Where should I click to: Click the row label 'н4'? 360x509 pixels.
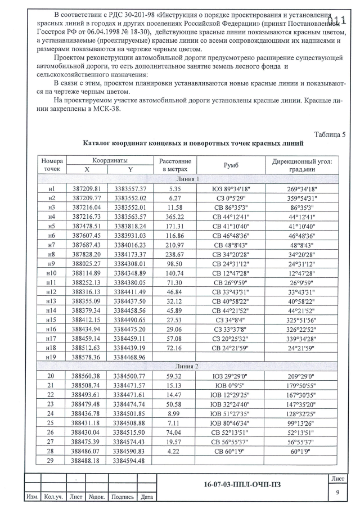[x=52, y=217]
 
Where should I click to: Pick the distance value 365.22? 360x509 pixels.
[x=175, y=217]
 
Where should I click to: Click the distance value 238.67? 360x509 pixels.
[x=175, y=254]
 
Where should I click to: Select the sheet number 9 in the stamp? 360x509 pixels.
[x=339, y=492]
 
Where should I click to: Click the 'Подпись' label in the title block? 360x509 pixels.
[x=122, y=497]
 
